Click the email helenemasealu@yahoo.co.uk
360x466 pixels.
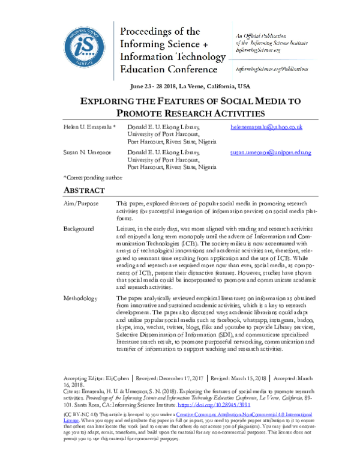tap(266, 128)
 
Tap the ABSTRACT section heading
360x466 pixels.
tap(84, 190)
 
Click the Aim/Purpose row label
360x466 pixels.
tap(81, 205)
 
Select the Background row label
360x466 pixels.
tap(79, 229)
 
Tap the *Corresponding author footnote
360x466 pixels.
tap(92, 178)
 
